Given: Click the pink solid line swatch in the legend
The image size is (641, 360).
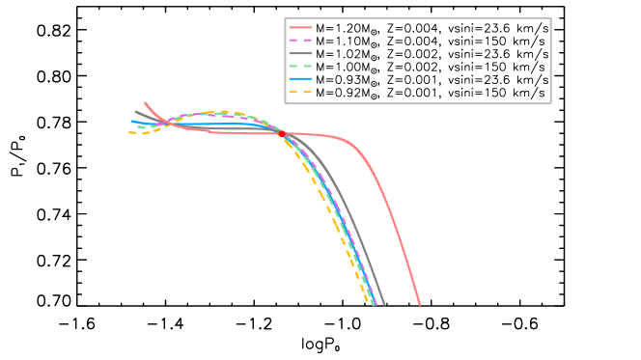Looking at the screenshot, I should pyautogui.click(x=300, y=28).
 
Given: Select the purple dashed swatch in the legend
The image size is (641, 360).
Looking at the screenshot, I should pyautogui.click(x=300, y=41).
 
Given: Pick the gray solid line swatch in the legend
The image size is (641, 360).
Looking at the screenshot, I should pyautogui.click(x=300, y=53).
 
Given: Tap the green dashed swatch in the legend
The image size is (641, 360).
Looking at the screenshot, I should pyautogui.click(x=300, y=66).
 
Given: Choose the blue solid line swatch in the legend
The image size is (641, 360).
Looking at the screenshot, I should pyautogui.click(x=300, y=78).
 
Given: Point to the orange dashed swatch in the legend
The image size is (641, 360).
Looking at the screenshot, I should pyautogui.click(x=300, y=92).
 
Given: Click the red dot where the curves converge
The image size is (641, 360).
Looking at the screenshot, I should pyautogui.click(x=283, y=134).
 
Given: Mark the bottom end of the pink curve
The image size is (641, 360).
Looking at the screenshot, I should pyautogui.click(x=420, y=305).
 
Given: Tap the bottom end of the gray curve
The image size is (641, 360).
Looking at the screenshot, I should pyautogui.click(x=384, y=305).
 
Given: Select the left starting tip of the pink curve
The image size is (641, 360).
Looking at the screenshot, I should pyautogui.click(x=145, y=102).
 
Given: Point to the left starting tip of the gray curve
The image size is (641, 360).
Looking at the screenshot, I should pyautogui.click(x=134, y=111).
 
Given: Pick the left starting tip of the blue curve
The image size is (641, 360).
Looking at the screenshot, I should pyautogui.click(x=131, y=121).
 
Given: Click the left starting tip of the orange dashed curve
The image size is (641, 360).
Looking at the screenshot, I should pyautogui.click(x=128, y=132).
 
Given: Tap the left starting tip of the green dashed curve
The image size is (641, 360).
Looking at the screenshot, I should pyautogui.click(x=137, y=126).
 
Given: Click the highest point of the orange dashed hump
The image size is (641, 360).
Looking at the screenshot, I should pyautogui.click(x=224, y=112).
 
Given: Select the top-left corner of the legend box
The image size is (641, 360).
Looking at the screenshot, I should pyautogui.click(x=285, y=17).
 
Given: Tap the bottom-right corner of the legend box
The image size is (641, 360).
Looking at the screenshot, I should pyautogui.click(x=550, y=103).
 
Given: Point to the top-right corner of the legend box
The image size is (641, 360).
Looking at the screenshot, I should pyautogui.click(x=550, y=17).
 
